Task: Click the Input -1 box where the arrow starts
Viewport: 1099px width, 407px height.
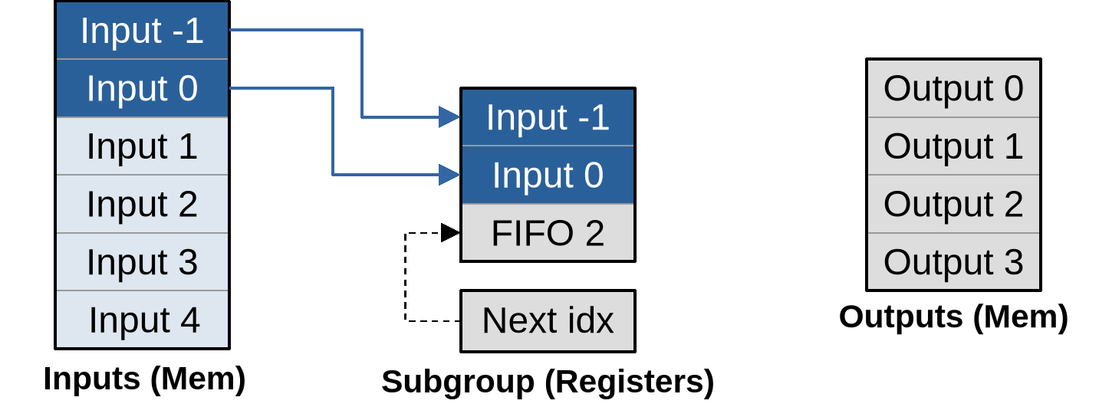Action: pyautogui.click(x=142, y=31)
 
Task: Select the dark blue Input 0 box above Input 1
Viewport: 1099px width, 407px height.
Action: pyautogui.click(x=142, y=88)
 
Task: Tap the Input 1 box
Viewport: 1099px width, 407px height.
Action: pyautogui.click(x=142, y=146)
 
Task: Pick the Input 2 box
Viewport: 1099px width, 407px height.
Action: pyautogui.click(x=142, y=204)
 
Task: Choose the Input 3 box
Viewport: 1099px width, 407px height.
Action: pyautogui.click(x=142, y=262)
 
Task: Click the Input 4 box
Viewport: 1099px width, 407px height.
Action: pyautogui.click(x=142, y=320)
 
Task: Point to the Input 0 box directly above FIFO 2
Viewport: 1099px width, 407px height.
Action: pyautogui.click(x=548, y=175)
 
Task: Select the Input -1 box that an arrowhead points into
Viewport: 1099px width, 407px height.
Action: pyautogui.click(x=548, y=117)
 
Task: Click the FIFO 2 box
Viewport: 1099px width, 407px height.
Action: pyautogui.click(x=548, y=233)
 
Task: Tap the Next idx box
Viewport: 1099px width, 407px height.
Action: pyautogui.click(x=548, y=320)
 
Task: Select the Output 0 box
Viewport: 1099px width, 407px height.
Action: pyautogui.click(x=953, y=89)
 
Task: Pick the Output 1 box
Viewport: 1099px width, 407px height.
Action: pyautogui.click(x=953, y=146)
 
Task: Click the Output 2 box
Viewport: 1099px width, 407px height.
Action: pyautogui.click(x=953, y=204)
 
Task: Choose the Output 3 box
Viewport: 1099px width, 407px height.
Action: pyautogui.click(x=953, y=262)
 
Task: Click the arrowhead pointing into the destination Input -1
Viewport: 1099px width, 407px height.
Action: pyautogui.click(x=450, y=117)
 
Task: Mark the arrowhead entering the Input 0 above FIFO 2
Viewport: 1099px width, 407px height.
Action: pyautogui.click(x=450, y=175)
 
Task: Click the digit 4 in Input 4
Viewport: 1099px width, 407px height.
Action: pyautogui.click(x=189, y=320)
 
